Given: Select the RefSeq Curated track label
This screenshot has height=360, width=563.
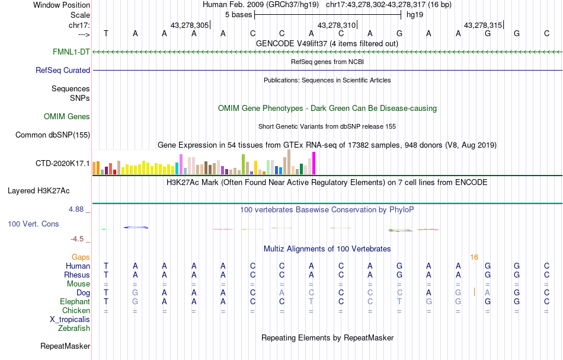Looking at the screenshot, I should coord(63,70).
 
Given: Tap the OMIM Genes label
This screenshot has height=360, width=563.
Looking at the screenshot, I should coord(67,116).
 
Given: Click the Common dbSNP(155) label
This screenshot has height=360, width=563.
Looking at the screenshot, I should coord(53,135).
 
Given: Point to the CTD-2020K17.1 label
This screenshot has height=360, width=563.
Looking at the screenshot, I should coord(63,163).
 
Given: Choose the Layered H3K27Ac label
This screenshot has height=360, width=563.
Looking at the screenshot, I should coord(39,190).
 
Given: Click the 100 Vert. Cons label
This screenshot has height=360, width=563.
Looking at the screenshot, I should coord(33,224).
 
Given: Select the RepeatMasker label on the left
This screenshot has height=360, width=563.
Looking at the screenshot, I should coord(65,346).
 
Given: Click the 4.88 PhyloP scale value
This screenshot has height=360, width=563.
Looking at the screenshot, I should coord(78,209).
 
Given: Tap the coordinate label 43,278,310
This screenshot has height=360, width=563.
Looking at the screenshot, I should coord(337,25).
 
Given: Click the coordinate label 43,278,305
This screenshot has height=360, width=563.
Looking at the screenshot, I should coord(189,25).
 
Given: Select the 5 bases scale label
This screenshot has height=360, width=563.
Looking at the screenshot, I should coord(239,14).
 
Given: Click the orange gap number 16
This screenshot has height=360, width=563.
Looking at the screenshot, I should coord(474,257).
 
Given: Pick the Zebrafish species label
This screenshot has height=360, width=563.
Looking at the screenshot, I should coord(74,328).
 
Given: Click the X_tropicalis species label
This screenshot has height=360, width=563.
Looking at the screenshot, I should coord(70,319).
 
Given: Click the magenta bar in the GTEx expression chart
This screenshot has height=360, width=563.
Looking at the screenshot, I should coord(314,163).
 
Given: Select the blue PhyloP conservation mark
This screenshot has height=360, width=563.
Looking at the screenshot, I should coord(136,227).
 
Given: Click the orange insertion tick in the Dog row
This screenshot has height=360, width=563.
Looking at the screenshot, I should coord(474,292).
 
